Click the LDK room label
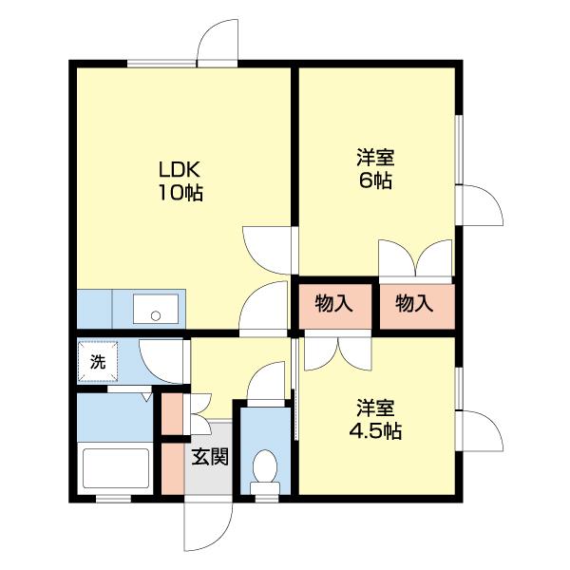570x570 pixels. point(180,169)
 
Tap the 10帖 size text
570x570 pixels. point(180,193)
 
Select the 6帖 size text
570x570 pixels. point(375,180)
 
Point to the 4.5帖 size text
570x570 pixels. point(375,431)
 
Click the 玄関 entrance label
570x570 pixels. point(210,457)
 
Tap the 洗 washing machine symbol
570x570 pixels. point(98,362)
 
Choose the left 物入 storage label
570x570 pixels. point(333,304)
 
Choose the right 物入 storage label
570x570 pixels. point(414,304)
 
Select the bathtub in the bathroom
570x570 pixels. point(116,468)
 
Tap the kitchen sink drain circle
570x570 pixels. point(156,316)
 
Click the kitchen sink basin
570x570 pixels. point(156,309)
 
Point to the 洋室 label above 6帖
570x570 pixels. point(375,157)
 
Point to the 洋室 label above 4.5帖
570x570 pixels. point(375,408)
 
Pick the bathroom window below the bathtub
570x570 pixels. point(113,499)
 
